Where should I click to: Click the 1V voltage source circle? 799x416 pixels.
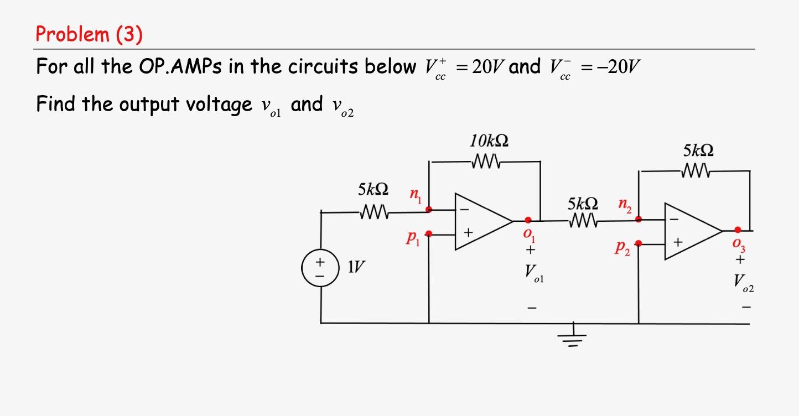click(320, 269)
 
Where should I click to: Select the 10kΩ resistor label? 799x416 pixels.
click(489, 141)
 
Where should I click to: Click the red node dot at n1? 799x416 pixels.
click(429, 210)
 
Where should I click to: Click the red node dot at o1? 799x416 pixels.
click(528, 220)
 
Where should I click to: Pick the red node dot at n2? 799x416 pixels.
click(639, 219)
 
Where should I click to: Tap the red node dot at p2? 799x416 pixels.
click(639, 243)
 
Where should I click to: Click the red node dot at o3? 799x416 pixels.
click(738, 230)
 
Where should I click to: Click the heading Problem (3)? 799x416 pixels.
click(89, 34)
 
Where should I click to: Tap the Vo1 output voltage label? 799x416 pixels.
click(533, 273)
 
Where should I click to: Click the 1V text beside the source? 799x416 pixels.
click(356, 268)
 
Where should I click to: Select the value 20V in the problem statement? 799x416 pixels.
click(485, 67)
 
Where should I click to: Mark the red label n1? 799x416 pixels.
click(414, 195)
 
